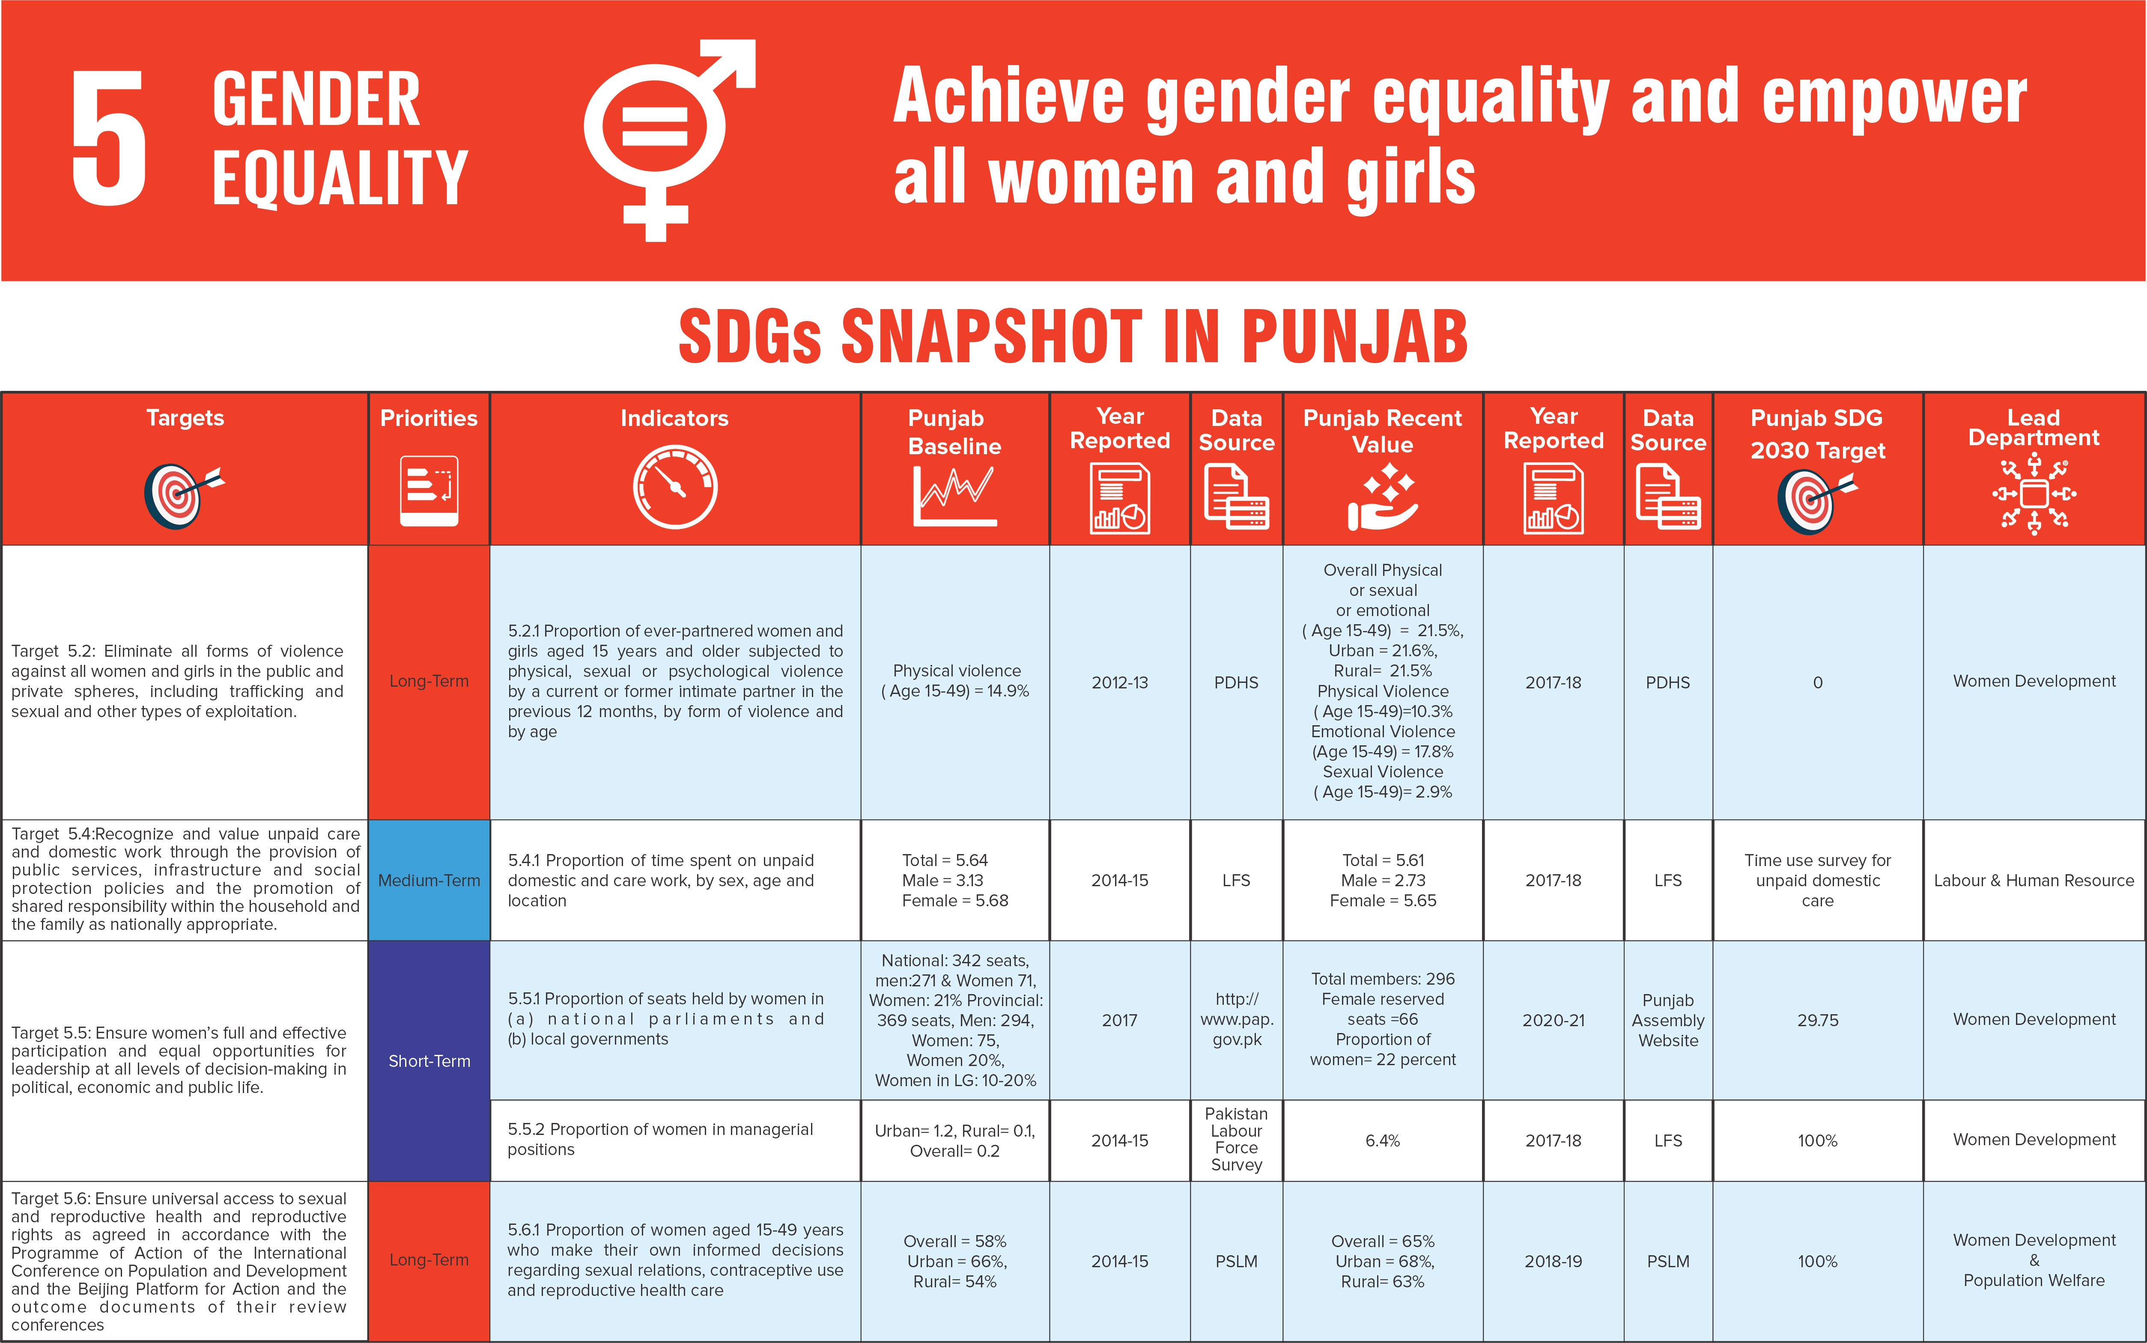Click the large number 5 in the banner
pos(108,138)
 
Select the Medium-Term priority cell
pos(429,880)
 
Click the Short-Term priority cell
pos(429,1060)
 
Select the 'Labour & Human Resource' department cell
pos(2034,880)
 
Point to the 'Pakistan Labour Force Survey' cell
pos(1237,1140)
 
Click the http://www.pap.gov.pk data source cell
pos(1237,1020)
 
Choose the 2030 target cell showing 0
pos(1817,682)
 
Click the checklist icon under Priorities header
pos(429,491)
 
